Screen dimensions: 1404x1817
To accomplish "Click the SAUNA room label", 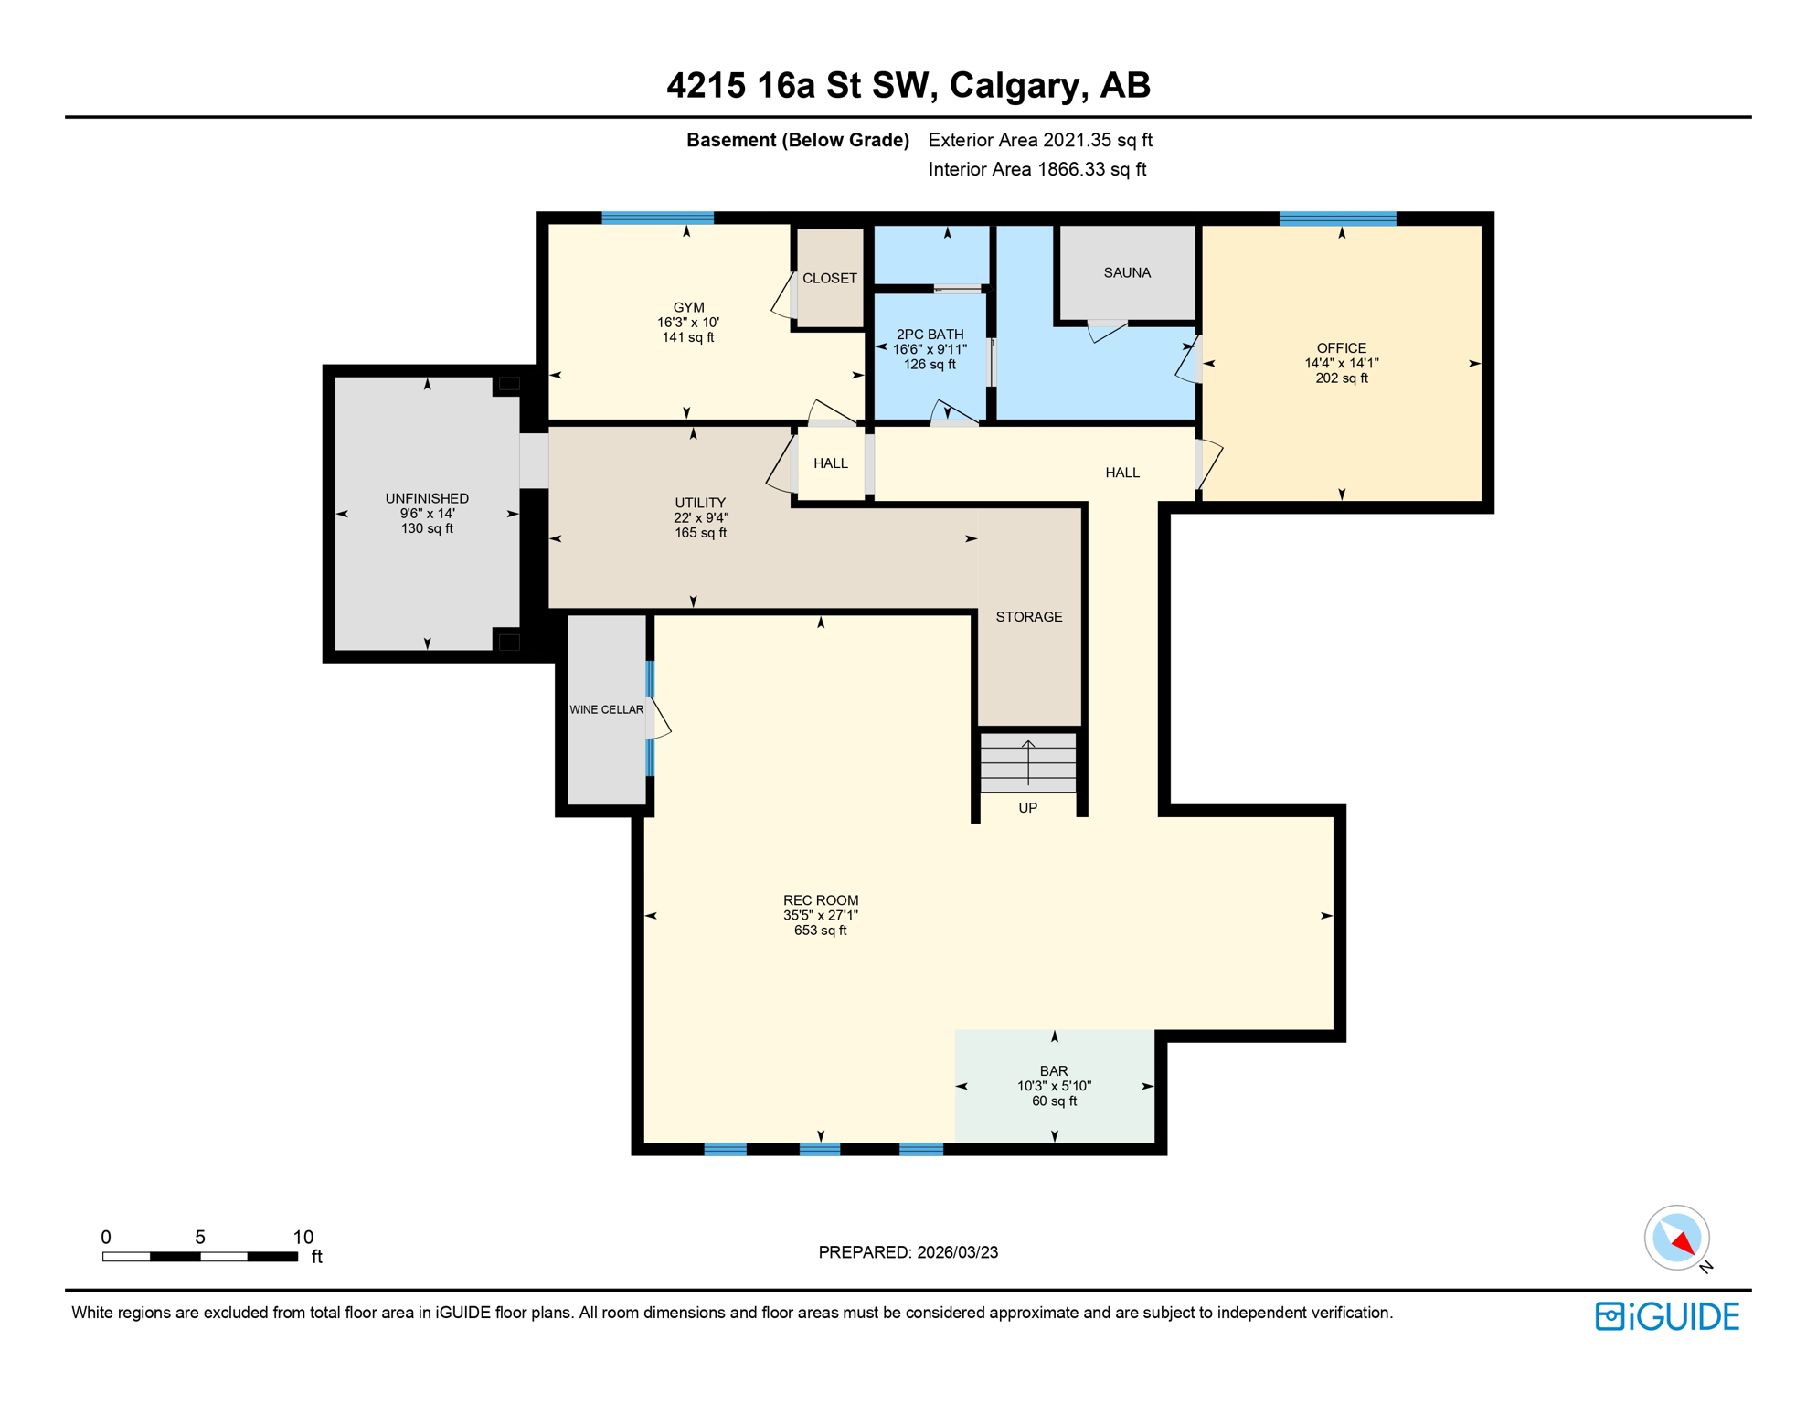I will coord(1126,272).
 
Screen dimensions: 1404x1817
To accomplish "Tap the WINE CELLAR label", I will coord(606,709).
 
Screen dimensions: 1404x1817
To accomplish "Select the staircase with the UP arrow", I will coord(1028,762).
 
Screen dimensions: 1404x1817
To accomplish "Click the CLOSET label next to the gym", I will coord(829,278).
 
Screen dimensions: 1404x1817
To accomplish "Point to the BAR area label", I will coord(1053,1070).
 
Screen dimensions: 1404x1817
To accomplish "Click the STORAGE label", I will coord(1028,617).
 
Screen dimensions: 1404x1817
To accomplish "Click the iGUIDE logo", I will coord(1667,1316).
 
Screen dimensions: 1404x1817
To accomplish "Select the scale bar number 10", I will coord(303,1237).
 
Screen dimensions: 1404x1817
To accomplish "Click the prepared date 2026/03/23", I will coord(954,1252).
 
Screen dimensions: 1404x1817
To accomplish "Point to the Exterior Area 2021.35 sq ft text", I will coord(1039,140).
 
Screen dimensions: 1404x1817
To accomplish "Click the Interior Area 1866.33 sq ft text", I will coord(1036,169).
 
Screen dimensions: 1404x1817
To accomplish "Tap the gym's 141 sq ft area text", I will coord(687,337).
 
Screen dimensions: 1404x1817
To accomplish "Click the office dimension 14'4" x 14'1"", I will coord(1341,363).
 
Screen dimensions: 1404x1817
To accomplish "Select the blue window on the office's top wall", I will coord(1337,218).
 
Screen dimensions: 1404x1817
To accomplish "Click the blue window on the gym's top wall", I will coord(657,218).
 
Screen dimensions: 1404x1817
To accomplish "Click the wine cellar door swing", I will coord(660,719).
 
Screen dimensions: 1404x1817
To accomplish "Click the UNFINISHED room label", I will coord(427,498).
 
